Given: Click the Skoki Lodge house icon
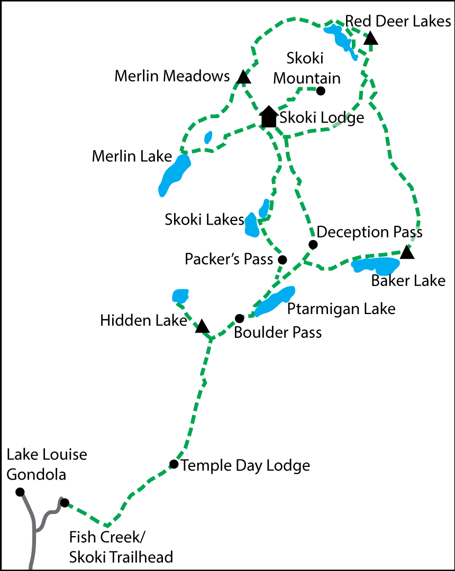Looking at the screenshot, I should (x=269, y=117).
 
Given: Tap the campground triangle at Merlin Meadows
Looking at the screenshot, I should (x=243, y=78).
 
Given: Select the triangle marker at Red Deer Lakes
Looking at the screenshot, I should (x=371, y=39).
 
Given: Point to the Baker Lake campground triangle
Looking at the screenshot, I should (x=406, y=253).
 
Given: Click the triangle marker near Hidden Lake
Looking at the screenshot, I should (x=202, y=327).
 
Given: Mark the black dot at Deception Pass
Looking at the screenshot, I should (x=313, y=244).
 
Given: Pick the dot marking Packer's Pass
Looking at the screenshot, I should (x=283, y=260).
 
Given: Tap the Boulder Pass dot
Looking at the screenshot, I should (x=239, y=318).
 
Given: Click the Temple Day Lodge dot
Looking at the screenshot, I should (x=174, y=464).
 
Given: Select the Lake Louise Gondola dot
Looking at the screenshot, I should (x=20, y=492).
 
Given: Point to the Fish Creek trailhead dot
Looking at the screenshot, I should (x=65, y=502).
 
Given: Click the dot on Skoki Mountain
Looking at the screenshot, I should (x=320, y=91).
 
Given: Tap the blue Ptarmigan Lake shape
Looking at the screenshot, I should (x=275, y=301).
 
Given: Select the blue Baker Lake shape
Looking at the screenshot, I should (x=376, y=265).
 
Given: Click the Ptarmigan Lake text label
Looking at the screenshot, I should (x=341, y=309).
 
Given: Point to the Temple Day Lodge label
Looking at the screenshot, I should (x=245, y=465).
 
